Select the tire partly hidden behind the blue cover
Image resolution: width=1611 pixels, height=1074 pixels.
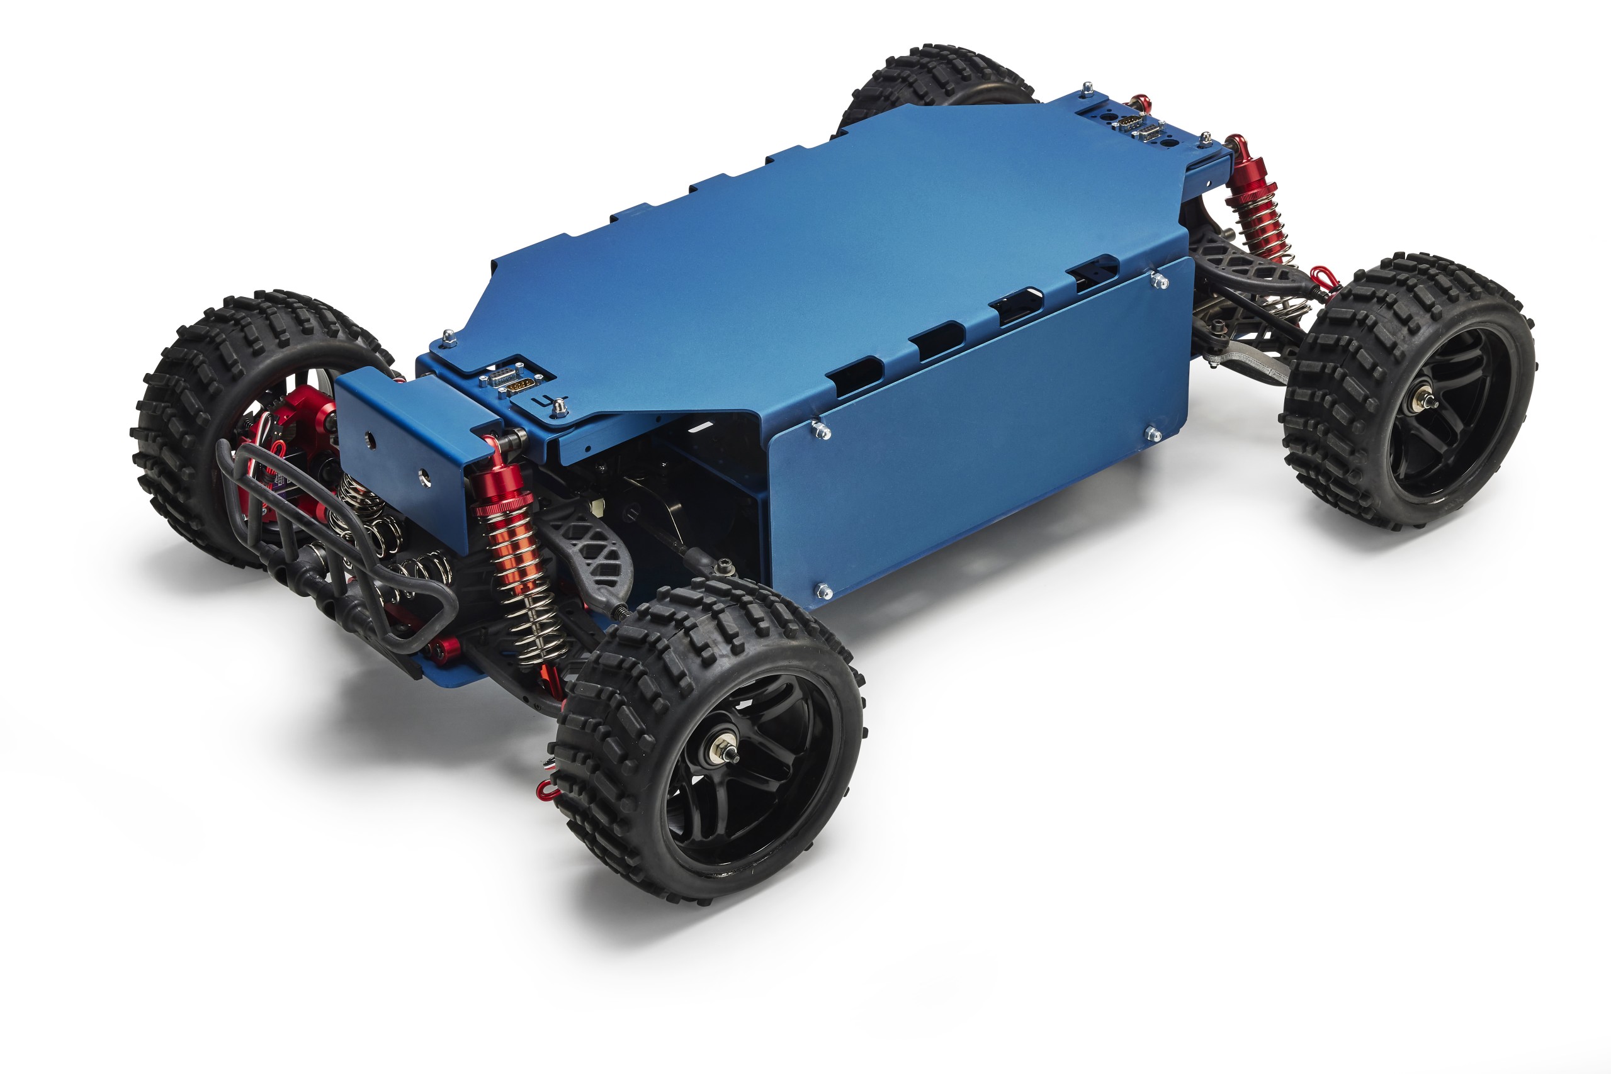point(932,82)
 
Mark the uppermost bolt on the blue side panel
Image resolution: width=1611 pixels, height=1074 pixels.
point(1159,280)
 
